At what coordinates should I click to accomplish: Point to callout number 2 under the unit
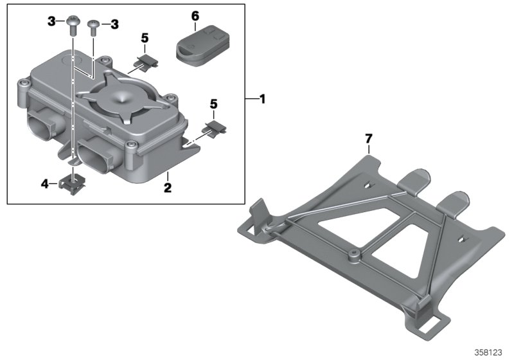(166, 188)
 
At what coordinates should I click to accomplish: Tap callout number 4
(45, 184)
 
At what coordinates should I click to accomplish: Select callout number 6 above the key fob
(196, 14)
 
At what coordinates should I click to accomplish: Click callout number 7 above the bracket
(368, 138)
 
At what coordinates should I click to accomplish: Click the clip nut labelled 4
(71, 185)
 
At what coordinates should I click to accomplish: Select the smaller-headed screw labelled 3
(94, 26)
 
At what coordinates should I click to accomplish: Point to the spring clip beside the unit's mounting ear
(213, 127)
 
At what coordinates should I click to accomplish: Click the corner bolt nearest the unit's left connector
(24, 84)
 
